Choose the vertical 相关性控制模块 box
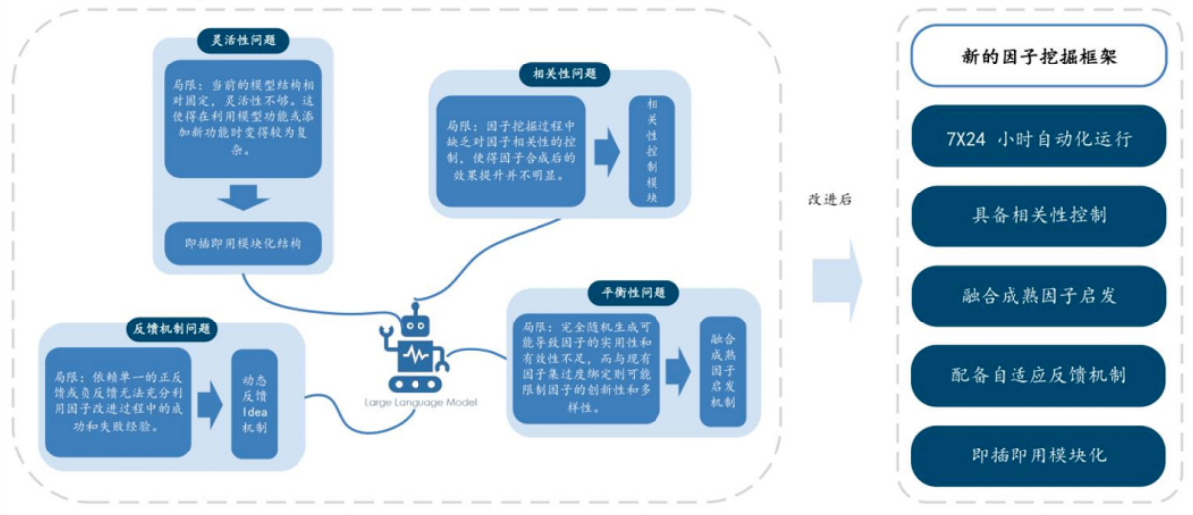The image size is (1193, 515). coord(652,150)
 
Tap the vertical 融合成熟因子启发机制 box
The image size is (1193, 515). coord(722,371)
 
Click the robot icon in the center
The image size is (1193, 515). coord(415,348)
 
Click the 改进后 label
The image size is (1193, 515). coord(830,199)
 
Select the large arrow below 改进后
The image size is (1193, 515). coord(836,281)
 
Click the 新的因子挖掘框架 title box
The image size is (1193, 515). coord(1037,57)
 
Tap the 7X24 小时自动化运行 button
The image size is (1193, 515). coord(1037,137)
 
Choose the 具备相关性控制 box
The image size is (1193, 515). coord(1037,216)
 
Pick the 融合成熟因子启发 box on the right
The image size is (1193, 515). coord(1037,296)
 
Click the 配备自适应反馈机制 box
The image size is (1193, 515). coord(1037,375)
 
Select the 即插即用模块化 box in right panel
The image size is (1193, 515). coord(1037,455)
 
